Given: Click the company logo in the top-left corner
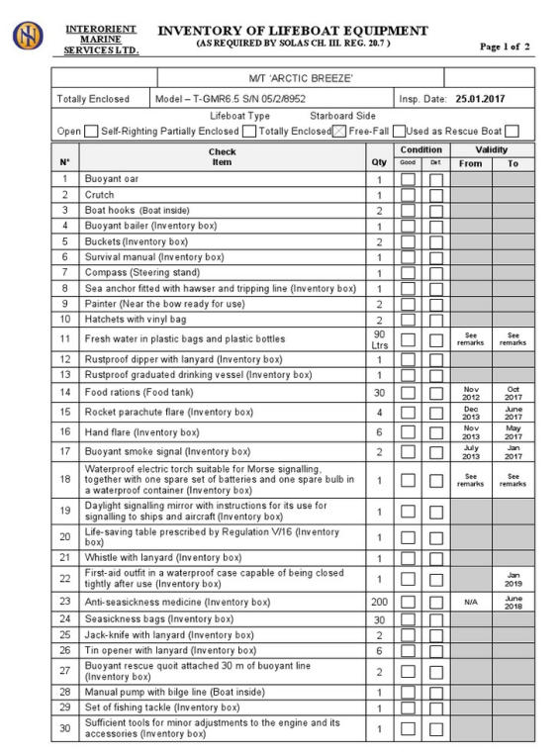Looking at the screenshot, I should coord(29,36).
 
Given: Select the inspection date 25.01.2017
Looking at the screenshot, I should coord(479,99).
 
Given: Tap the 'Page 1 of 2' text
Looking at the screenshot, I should coord(505,47).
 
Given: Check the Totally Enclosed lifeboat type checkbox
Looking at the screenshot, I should coord(338,131).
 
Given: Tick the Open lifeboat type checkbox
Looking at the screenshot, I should coord(92,131).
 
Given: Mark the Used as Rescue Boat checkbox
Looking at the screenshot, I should coord(512,131).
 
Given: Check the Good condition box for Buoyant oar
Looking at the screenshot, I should coord(408,179).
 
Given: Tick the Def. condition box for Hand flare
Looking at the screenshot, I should coord(436,431).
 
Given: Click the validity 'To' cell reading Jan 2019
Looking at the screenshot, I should coord(512,578).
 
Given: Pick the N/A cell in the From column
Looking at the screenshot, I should coord(471,601).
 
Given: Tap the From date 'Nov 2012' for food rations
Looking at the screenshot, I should coord(471,392).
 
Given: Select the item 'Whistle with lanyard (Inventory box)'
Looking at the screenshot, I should coord(163,557).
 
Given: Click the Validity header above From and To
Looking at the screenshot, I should coord(492,149).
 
